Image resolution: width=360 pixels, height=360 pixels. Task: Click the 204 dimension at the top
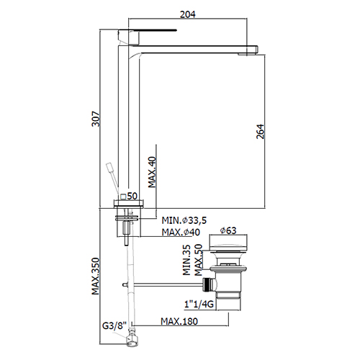[x=188, y=14]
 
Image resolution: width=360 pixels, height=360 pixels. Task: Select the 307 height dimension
[x=96, y=118]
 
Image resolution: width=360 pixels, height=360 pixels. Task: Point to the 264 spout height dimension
[x=260, y=132]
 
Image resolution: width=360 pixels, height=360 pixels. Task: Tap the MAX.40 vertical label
[x=152, y=172]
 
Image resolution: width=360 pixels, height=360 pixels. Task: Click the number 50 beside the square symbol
[x=132, y=196]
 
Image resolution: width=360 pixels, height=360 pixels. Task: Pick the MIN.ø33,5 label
[x=184, y=220]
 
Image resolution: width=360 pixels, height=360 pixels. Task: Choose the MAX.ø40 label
[x=181, y=232]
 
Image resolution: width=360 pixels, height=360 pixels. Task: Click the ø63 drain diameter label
[x=228, y=230]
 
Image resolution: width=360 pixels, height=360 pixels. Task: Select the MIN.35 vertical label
[x=186, y=260]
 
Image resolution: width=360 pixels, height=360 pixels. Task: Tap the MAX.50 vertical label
[x=199, y=260]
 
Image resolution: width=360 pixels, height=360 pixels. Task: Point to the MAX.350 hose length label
[x=96, y=276]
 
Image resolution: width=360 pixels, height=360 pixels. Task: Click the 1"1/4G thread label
[x=199, y=305]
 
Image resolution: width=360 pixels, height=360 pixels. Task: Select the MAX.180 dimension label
[x=179, y=321]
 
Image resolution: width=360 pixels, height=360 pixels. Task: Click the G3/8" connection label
[x=114, y=326]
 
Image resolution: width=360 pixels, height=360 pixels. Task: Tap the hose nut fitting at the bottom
[x=132, y=338]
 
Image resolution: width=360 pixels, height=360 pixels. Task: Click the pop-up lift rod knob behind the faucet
[x=110, y=167]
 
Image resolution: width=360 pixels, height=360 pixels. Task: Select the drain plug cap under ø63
[x=228, y=243]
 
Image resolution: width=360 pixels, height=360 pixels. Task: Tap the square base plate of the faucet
[x=130, y=204]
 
